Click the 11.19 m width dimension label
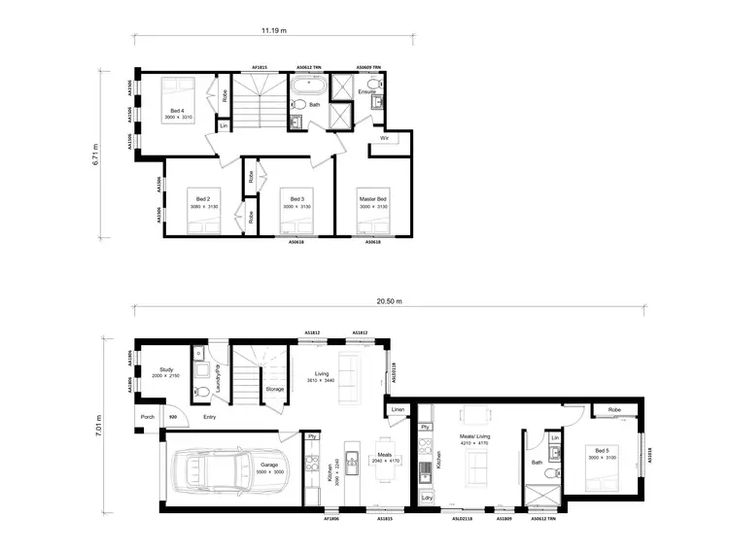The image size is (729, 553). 273,30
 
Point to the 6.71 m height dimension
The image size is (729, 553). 96,155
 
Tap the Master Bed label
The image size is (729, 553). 372,199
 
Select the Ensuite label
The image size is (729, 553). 366,91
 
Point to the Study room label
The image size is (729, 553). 165,368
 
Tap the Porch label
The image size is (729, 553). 147,417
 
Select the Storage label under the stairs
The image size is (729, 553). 275,389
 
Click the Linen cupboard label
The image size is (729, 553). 397,410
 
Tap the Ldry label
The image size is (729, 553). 428,498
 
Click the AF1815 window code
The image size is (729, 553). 260,67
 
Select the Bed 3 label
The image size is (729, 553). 295,199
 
